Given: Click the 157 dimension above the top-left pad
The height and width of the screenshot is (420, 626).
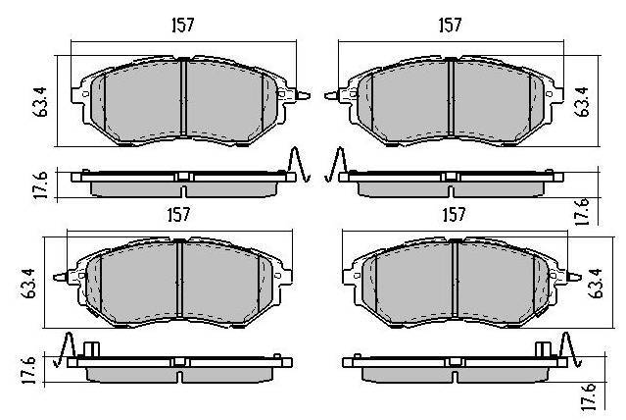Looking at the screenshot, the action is click(x=183, y=25).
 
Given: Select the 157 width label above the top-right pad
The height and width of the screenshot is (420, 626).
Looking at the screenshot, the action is click(x=450, y=25).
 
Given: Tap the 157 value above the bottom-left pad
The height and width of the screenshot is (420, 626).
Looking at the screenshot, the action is click(x=178, y=215).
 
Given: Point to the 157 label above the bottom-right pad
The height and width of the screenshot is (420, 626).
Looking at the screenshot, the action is click(x=454, y=215).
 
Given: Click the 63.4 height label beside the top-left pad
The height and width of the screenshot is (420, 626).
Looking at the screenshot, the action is click(x=40, y=102).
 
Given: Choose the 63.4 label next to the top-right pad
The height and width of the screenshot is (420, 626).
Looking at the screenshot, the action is click(x=582, y=102).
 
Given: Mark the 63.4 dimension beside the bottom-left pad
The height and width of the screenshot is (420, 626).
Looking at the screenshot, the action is click(x=28, y=284).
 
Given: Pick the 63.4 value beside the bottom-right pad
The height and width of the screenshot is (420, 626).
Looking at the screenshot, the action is click(x=595, y=284).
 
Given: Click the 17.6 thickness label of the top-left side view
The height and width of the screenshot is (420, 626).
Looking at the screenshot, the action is click(x=40, y=184).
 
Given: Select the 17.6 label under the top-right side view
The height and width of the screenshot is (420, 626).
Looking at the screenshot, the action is click(x=582, y=211).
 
